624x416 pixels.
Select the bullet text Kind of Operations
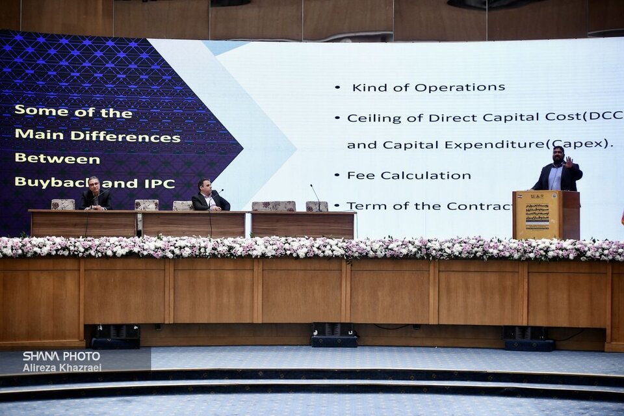(x=428, y=87)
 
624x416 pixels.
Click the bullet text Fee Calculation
(x=409, y=175)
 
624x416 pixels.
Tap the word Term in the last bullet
(x=361, y=206)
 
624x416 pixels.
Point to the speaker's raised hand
(x=569, y=161)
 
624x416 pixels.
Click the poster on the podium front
(x=538, y=217)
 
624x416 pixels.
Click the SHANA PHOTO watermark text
(x=61, y=356)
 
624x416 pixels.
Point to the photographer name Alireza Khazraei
(x=62, y=368)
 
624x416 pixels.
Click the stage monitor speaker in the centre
(x=334, y=335)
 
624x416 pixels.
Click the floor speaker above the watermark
(x=116, y=336)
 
